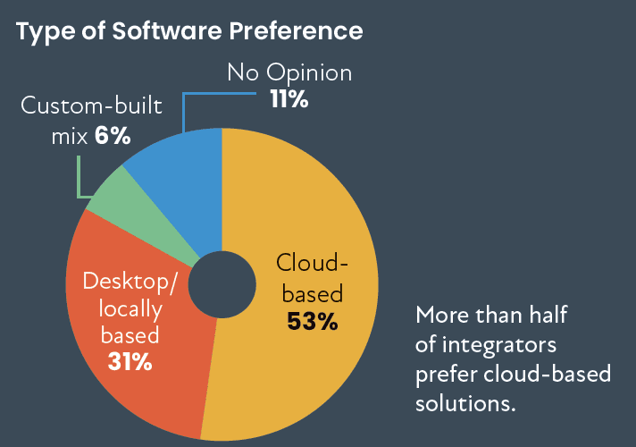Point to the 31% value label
[130, 362]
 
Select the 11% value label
[289, 100]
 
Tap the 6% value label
[114, 137]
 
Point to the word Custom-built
[91, 108]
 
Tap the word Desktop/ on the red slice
[130, 282]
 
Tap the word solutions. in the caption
[466, 402]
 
